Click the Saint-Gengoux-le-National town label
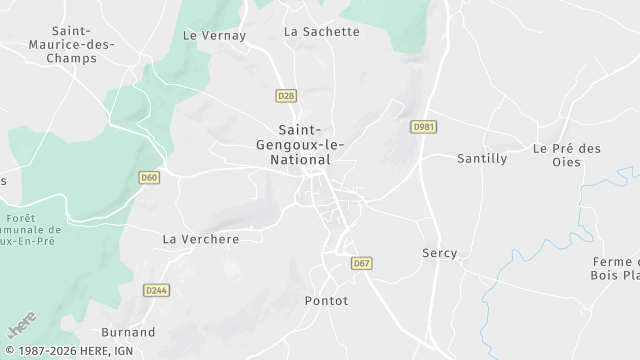[x=310, y=145]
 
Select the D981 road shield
[x=424, y=127]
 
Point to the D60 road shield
[x=149, y=178]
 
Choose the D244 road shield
[x=155, y=290]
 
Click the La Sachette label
[x=321, y=31]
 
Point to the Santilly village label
[x=482, y=158]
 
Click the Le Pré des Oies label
[x=567, y=155]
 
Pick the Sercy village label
[x=439, y=253]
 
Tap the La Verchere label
[x=201, y=239]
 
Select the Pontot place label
[x=326, y=300]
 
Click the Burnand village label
[x=128, y=332]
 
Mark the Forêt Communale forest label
[x=33, y=230]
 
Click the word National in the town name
[x=310, y=161]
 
